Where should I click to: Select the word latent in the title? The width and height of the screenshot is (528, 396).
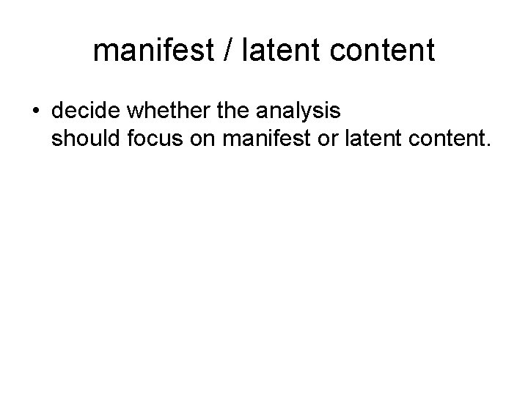coord(280,51)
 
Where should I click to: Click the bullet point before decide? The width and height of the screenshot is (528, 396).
coord(35,112)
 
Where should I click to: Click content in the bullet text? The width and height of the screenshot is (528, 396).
coord(438,137)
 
